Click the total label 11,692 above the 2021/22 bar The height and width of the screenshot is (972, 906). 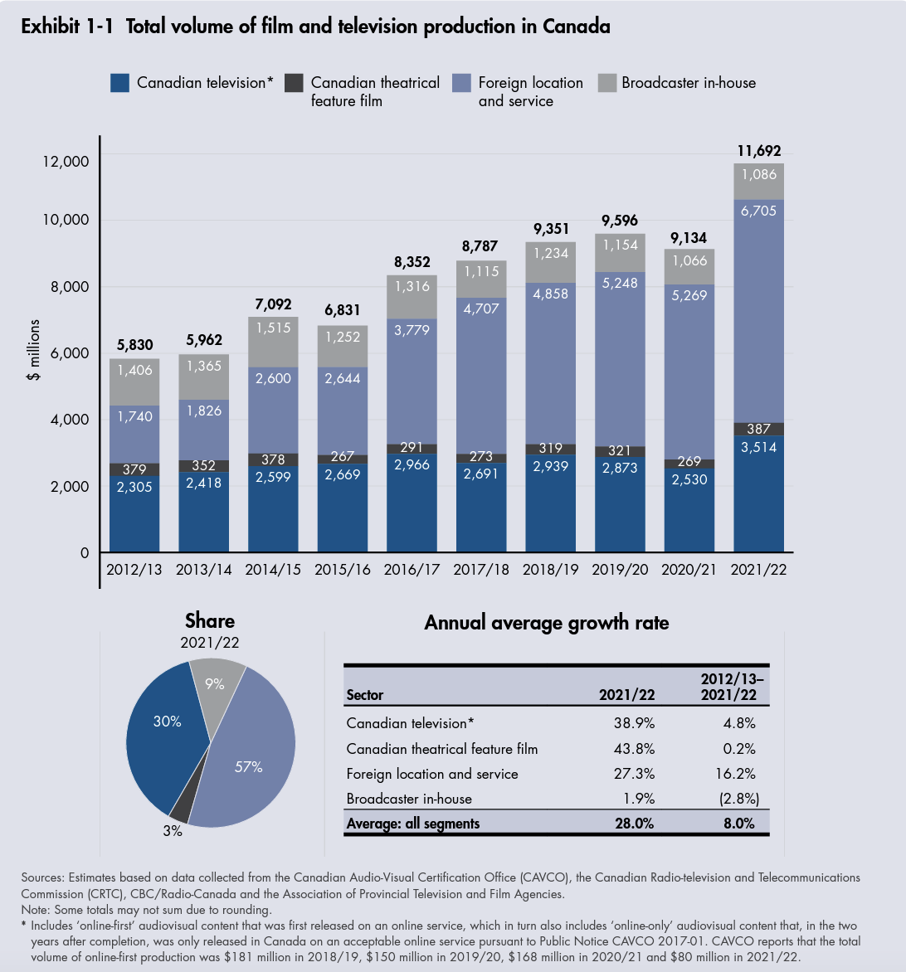[758, 151]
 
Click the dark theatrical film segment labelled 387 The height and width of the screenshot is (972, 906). [758, 429]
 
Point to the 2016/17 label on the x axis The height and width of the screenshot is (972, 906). [412, 571]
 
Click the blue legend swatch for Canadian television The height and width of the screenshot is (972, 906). [120, 83]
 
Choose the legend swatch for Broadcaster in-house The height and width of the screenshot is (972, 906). [607, 83]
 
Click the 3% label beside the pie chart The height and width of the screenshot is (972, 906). [173, 830]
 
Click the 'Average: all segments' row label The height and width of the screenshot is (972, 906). [413, 824]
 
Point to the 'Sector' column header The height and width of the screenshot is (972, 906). [365, 695]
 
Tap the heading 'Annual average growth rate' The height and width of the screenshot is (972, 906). [546, 623]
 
